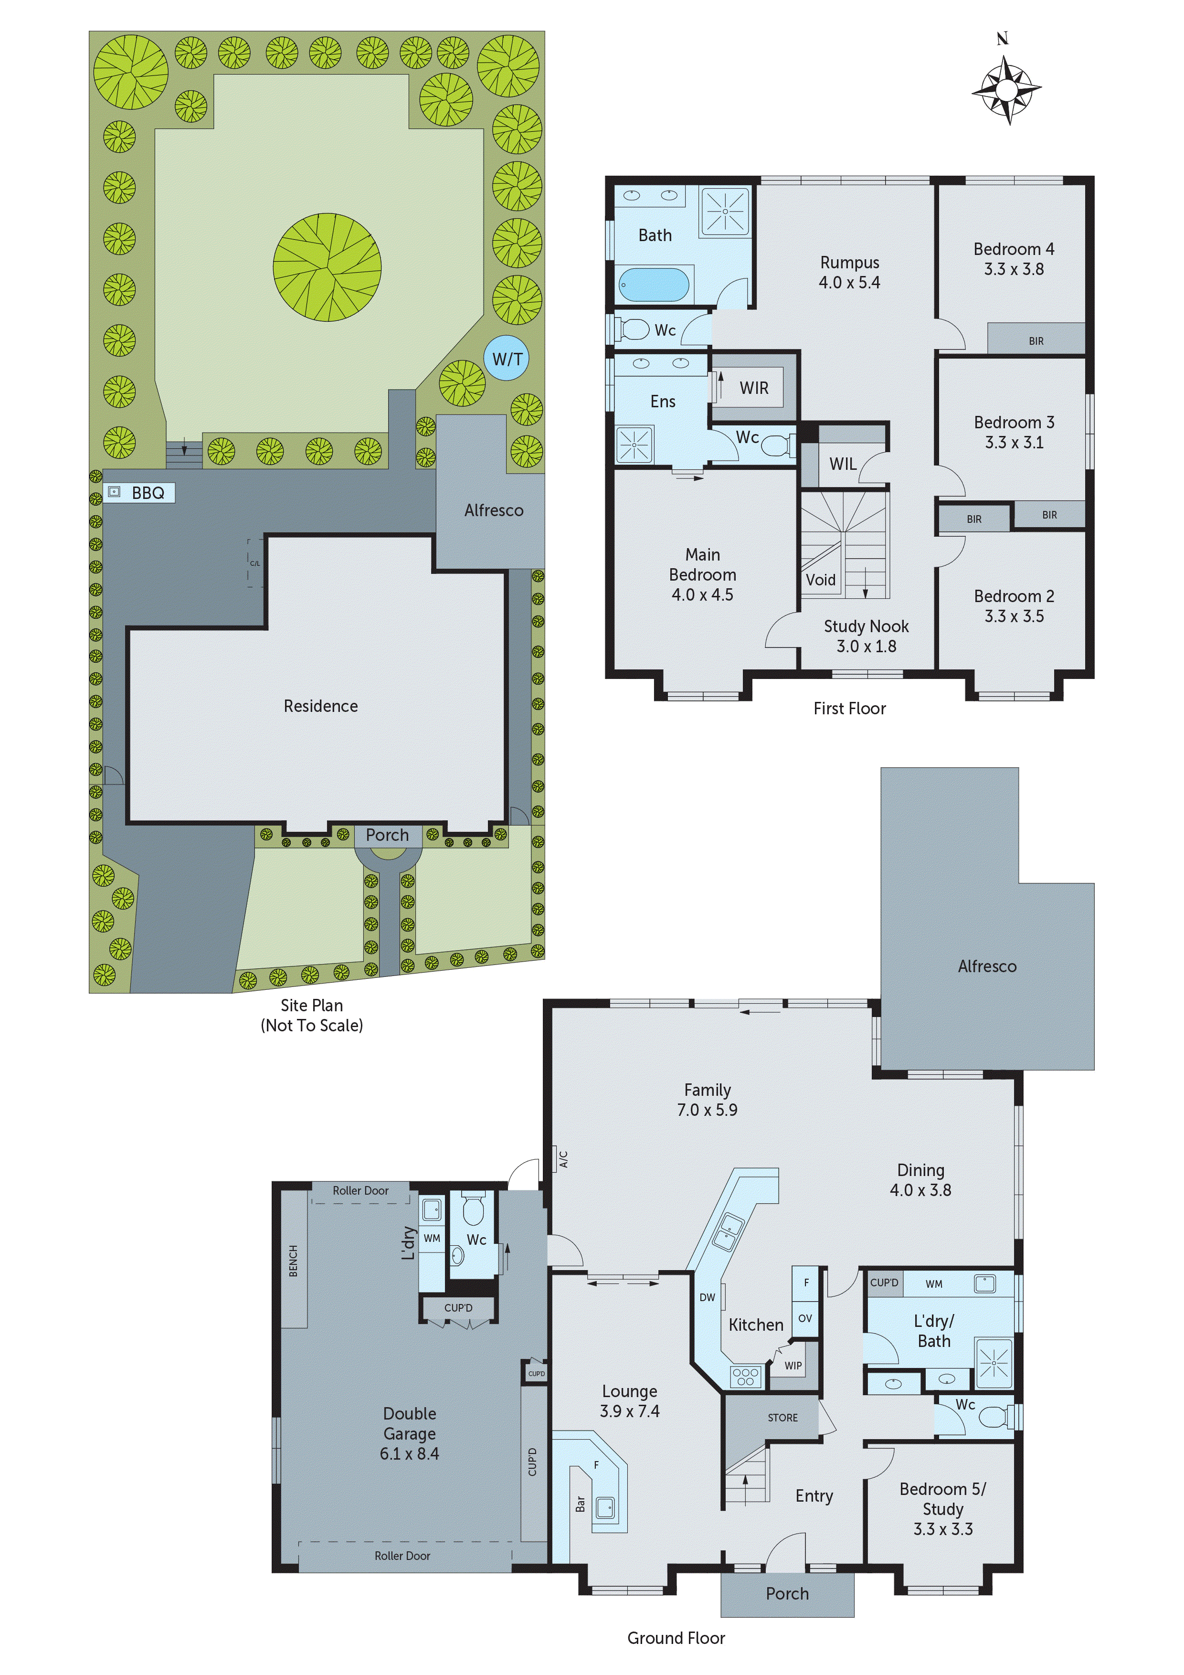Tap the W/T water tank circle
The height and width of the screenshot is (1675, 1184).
pyautogui.click(x=506, y=358)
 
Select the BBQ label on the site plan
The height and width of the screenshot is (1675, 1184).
pyautogui.click(x=148, y=493)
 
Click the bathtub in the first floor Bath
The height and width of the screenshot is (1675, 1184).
pyautogui.click(x=654, y=285)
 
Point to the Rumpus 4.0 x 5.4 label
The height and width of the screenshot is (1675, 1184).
pyautogui.click(x=849, y=273)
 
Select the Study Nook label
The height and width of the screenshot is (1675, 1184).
pyautogui.click(x=866, y=626)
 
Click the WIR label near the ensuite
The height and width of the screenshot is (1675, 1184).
pyautogui.click(x=753, y=388)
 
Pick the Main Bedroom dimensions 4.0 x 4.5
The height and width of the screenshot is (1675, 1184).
pyautogui.click(x=702, y=594)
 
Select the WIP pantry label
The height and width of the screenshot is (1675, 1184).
pyautogui.click(x=793, y=1366)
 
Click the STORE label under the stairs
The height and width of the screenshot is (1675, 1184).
pyautogui.click(x=782, y=1418)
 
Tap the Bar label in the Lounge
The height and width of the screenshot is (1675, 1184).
pyautogui.click(x=580, y=1504)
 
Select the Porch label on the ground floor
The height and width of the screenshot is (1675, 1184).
pyautogui.click(x=786, y=1594)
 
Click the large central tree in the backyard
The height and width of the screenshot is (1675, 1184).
pyautogui.click(x=327, y=267)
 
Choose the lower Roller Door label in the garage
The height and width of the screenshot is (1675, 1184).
pyautogui.click(x=402, y=1555)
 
